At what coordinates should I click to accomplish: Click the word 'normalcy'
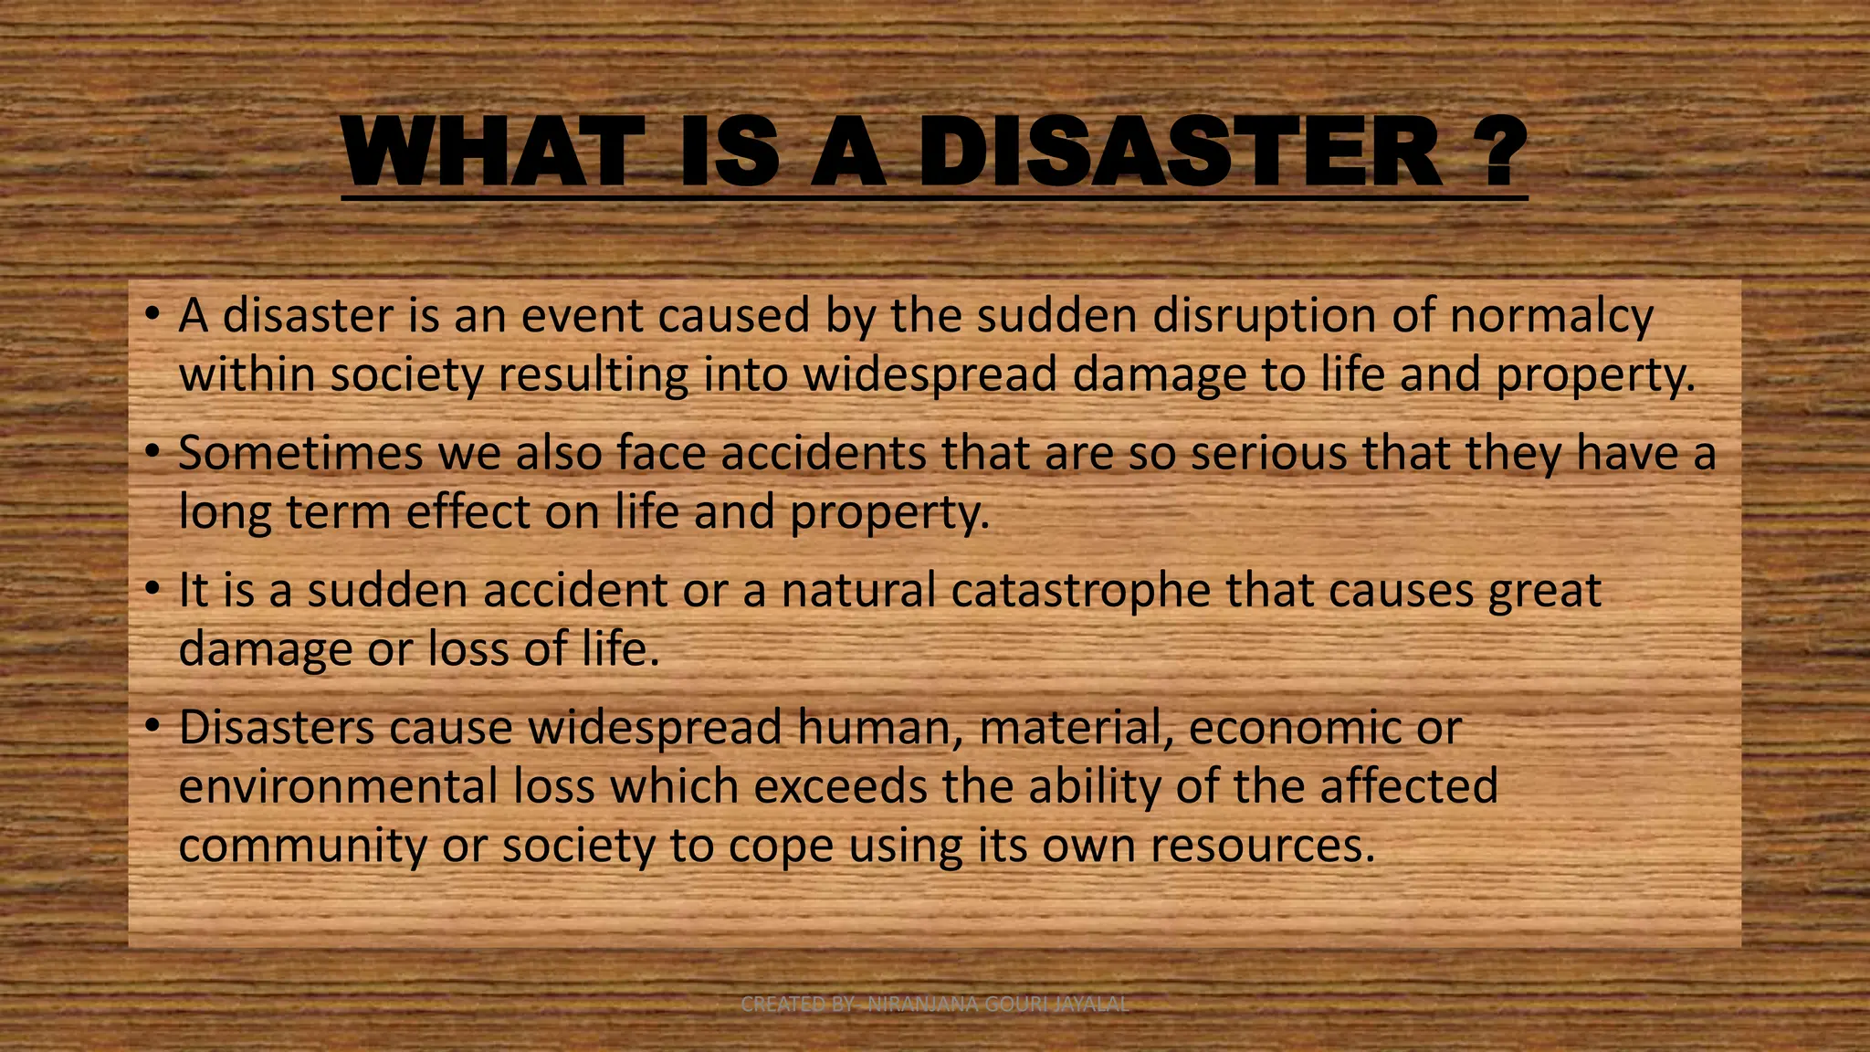1551,316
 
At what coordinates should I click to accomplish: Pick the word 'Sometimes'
300,453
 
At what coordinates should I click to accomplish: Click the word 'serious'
1268,453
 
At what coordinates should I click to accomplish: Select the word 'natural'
858,590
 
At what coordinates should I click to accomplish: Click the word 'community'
302,846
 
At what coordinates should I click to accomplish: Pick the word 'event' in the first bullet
580,316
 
